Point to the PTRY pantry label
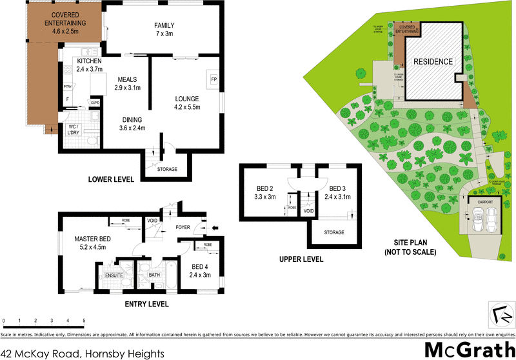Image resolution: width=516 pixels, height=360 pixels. pos(67,86)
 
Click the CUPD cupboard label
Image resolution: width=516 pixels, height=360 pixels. pos(94,102)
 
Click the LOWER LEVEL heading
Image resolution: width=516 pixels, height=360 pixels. pos(111,180)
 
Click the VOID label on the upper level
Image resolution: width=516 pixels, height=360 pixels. pos(308,211)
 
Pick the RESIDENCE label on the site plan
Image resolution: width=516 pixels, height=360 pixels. pos(433,61)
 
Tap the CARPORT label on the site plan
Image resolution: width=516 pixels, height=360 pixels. pos(485,202)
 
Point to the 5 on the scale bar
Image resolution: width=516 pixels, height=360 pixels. pos(84,320)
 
